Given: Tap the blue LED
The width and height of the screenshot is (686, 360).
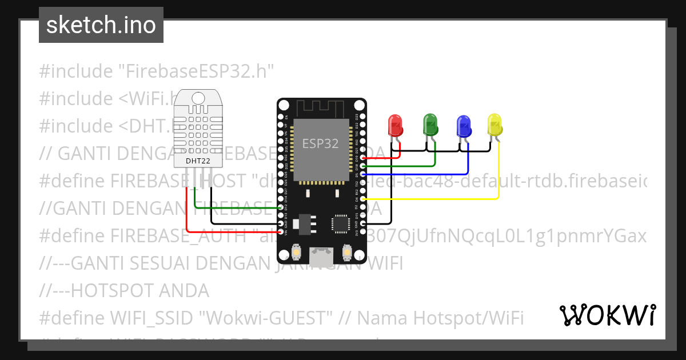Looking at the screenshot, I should [463, 125].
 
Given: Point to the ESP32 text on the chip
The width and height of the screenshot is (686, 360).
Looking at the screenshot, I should [320, 143].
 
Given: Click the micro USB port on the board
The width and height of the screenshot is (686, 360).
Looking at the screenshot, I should [321, 256].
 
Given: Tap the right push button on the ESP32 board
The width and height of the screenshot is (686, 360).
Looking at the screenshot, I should [346, 252].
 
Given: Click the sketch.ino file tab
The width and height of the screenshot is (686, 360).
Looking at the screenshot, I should [101, 25].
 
